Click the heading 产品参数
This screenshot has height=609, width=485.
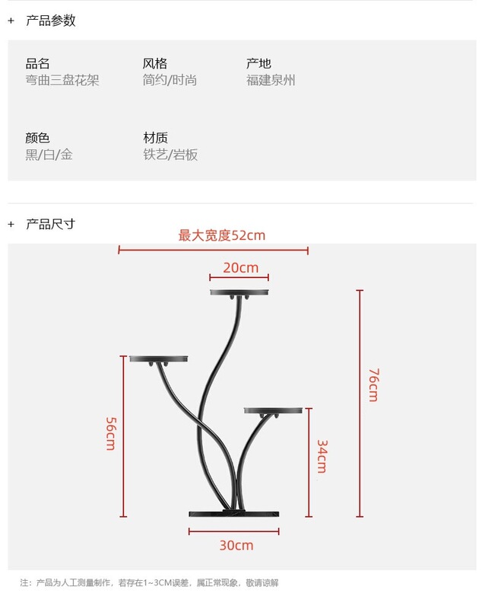[x=51, y=21]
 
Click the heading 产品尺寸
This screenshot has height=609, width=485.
[x=51, y=224]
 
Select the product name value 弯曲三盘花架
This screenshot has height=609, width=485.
[x=62, y=80]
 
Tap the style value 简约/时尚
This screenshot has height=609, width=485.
[x=170, y=80]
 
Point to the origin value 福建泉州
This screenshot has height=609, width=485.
[x=271, y=80]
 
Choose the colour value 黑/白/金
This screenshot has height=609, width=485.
[x=49, y=155]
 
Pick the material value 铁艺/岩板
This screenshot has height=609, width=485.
[x=170, y=155]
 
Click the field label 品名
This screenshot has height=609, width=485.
[x=37, y=63]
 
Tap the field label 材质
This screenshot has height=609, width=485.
[x=155, y=138]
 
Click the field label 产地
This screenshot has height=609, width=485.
[x=258, y=63]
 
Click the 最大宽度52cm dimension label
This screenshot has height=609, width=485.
[x=222, y=235]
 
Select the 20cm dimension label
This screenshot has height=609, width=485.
[x=240, y=267]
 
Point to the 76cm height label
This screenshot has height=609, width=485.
[x=372, y=384]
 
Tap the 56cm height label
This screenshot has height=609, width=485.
[x=110, y=433]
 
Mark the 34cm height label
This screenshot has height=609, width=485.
[x=322, y=456]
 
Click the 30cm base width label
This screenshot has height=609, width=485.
[x=236, y=545]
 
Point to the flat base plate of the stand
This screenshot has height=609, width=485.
[x=232, y=514]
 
